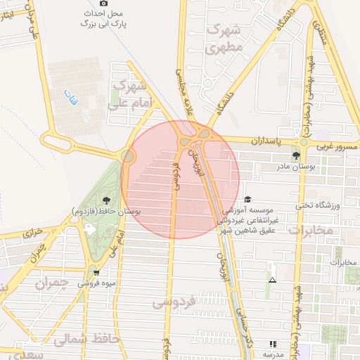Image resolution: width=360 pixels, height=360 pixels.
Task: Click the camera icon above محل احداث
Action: point(104,4)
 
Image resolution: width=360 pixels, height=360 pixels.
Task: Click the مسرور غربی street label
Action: point(337,147)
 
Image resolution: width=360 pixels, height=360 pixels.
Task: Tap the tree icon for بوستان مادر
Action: point(295,156)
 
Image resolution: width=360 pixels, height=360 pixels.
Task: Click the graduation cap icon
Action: point(247,200)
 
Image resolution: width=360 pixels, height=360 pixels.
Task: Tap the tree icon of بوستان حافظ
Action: point(105,200)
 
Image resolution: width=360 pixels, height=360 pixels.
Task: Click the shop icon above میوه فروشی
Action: point(96,273)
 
